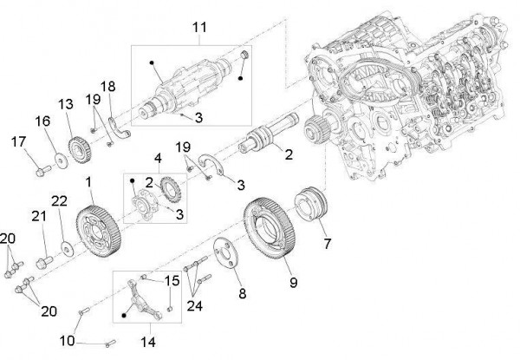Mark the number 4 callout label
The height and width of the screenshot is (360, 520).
[x=159, y=159]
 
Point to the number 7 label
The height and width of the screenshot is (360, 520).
[x=327, y=245]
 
